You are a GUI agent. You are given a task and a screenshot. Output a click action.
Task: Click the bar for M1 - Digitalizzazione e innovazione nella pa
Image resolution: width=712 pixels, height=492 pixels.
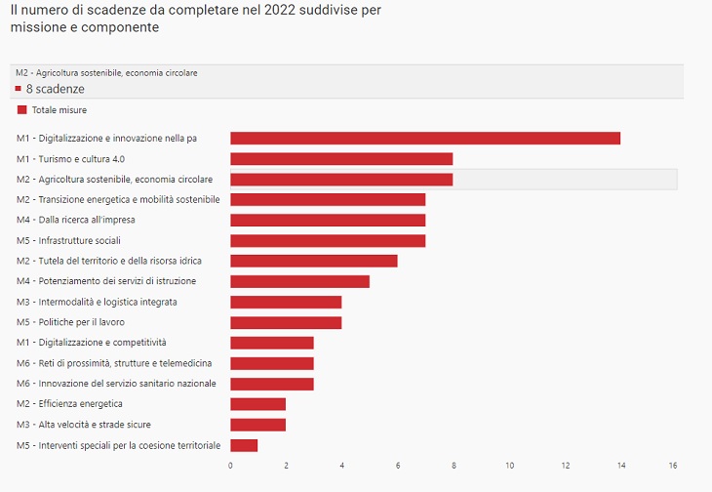(x=424, y=138)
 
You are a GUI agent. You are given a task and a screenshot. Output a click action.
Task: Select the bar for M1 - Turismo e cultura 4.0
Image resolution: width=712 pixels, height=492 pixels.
(x=341, y=158)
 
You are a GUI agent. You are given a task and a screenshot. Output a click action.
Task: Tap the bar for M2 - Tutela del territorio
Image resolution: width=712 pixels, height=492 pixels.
(x=313, y=261)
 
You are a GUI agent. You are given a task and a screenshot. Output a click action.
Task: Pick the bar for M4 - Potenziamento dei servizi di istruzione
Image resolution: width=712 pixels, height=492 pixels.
(x=299, y=281)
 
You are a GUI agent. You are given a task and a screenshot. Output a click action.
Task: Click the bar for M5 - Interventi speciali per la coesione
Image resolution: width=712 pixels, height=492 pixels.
(x=244, y=445)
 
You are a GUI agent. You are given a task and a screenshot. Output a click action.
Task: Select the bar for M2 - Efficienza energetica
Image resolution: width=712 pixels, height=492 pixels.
(x=257, y=404)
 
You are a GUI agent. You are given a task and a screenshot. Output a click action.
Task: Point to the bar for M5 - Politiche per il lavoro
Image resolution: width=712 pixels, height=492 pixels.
(x=286, y=322)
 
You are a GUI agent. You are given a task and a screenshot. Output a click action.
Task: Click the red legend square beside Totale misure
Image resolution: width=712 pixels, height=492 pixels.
(x=21, y=110)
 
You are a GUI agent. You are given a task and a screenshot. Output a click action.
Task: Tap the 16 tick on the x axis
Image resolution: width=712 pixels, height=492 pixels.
(x=673, y=465)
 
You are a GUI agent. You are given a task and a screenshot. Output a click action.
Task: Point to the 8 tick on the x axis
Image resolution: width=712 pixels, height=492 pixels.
(x=453, y=465)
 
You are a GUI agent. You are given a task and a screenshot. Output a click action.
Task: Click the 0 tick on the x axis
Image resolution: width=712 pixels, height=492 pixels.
(x=230, y=465)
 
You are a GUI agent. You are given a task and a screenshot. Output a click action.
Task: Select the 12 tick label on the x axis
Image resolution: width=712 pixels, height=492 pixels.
(x=564, y=465)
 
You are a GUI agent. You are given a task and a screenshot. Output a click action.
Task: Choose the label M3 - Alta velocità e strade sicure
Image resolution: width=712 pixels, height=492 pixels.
(x=84, y=425)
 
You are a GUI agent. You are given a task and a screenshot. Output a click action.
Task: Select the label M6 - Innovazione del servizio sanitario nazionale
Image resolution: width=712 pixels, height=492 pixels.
(x=116, y=384)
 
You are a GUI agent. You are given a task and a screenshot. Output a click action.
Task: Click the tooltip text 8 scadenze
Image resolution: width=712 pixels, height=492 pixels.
(x=55, y=89)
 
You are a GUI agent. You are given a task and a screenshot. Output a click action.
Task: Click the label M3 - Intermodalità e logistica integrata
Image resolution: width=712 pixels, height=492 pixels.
(x=98, y=302)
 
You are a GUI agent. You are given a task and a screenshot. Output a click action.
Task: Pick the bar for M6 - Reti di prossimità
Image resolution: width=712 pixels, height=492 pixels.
(x=271, y=363)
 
